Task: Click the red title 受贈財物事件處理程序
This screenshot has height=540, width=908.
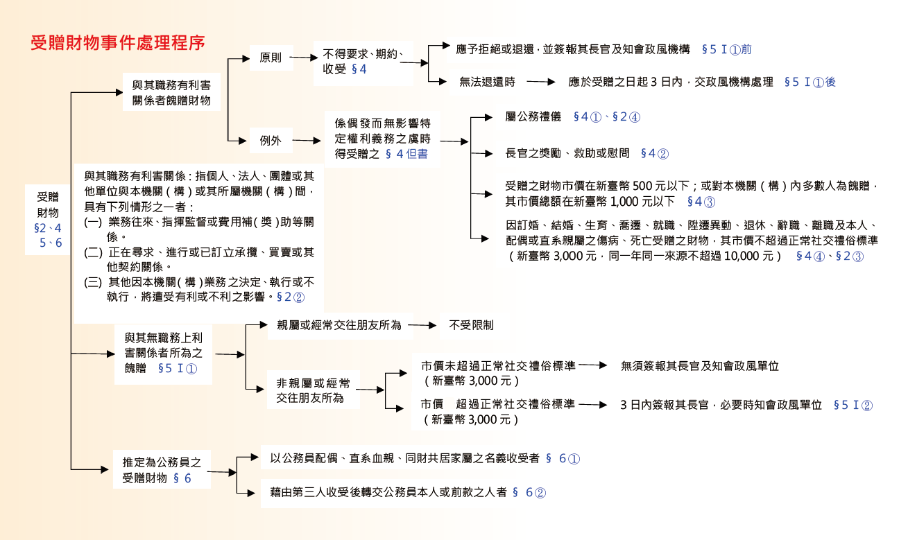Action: pyautogui.click(x=118, y=43)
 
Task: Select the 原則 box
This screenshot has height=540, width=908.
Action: pyautogui.click(x=271, y=58)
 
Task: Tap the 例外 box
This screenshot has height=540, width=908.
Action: pyautogui.click(x=271, y=141)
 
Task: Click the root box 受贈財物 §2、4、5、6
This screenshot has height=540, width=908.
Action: pyautogui.click(x=48, y=219)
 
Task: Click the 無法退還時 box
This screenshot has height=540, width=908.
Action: pyautogui.click(x=487, y=82)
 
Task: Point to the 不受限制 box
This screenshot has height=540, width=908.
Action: pyautogui.click(x=471, y=324)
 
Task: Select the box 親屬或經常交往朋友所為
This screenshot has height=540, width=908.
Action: pyautogui.click(x=339, y=324)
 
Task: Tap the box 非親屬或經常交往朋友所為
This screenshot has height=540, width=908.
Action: pyautogui.click(x=314, y=390)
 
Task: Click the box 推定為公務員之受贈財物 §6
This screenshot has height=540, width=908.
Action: pyautogui.click(x=162, y=469)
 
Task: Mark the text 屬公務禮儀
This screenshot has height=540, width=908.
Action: pyautogui.click(x=533, y=116)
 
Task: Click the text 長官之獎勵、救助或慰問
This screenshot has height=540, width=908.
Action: pyautogui.click(x=567, y=153)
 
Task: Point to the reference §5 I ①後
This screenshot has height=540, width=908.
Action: pyautogui.click(x=810, y=82)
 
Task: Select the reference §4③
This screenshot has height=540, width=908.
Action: pyautogui.click(x=701, y=202)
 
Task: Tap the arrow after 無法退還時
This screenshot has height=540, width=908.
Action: pyautogui.click(x=541, y=82)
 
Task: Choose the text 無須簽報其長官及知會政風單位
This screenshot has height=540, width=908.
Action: pyautogui.click(x=700, y=365)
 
